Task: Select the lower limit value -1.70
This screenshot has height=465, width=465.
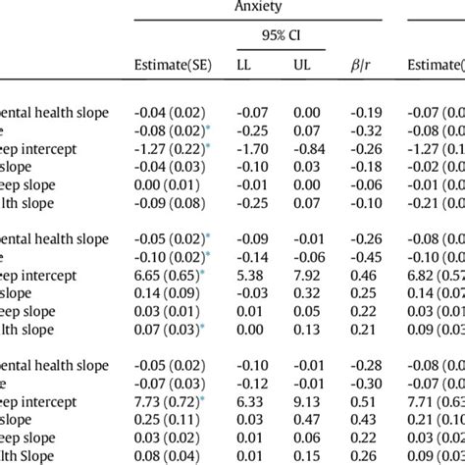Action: [252, 148]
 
